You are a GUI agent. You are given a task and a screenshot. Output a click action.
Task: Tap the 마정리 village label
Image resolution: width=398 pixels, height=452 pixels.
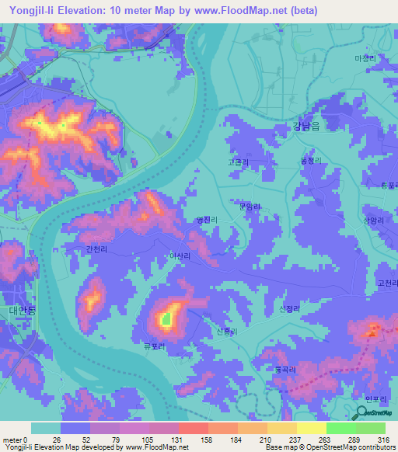[365, 58]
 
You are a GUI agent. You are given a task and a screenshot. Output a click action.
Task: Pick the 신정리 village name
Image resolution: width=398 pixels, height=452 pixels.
[289, 308]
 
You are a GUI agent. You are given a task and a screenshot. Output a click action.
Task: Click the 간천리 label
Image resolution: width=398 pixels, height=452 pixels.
[97, 249]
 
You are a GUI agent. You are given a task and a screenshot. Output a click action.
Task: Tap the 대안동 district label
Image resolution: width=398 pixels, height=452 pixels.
[18, 311]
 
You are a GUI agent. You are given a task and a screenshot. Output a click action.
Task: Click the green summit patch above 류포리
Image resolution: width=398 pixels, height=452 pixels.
[165, 318]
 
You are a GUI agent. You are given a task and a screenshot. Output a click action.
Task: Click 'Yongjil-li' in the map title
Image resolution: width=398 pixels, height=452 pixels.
[31, 10]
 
